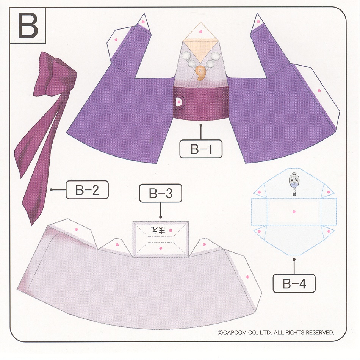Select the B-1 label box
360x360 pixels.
click(201, 149)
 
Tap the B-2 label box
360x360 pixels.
click(87, 190)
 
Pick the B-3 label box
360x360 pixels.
click(161, 193)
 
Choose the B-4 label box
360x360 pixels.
click(294, 283)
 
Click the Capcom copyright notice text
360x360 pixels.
click(276, 332)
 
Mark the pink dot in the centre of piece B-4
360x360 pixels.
click(294, 211)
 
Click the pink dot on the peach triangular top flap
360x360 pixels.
click(201, 32)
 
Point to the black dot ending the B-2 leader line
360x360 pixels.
click(51, 190)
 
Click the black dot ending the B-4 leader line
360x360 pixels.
click(294, 260)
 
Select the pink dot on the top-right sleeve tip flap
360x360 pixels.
click(258, 22)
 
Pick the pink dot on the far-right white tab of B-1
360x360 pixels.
click(319, 91)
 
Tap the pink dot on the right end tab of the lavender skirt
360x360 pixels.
click(247, 277)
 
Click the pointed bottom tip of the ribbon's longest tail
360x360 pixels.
click(31, 226)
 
